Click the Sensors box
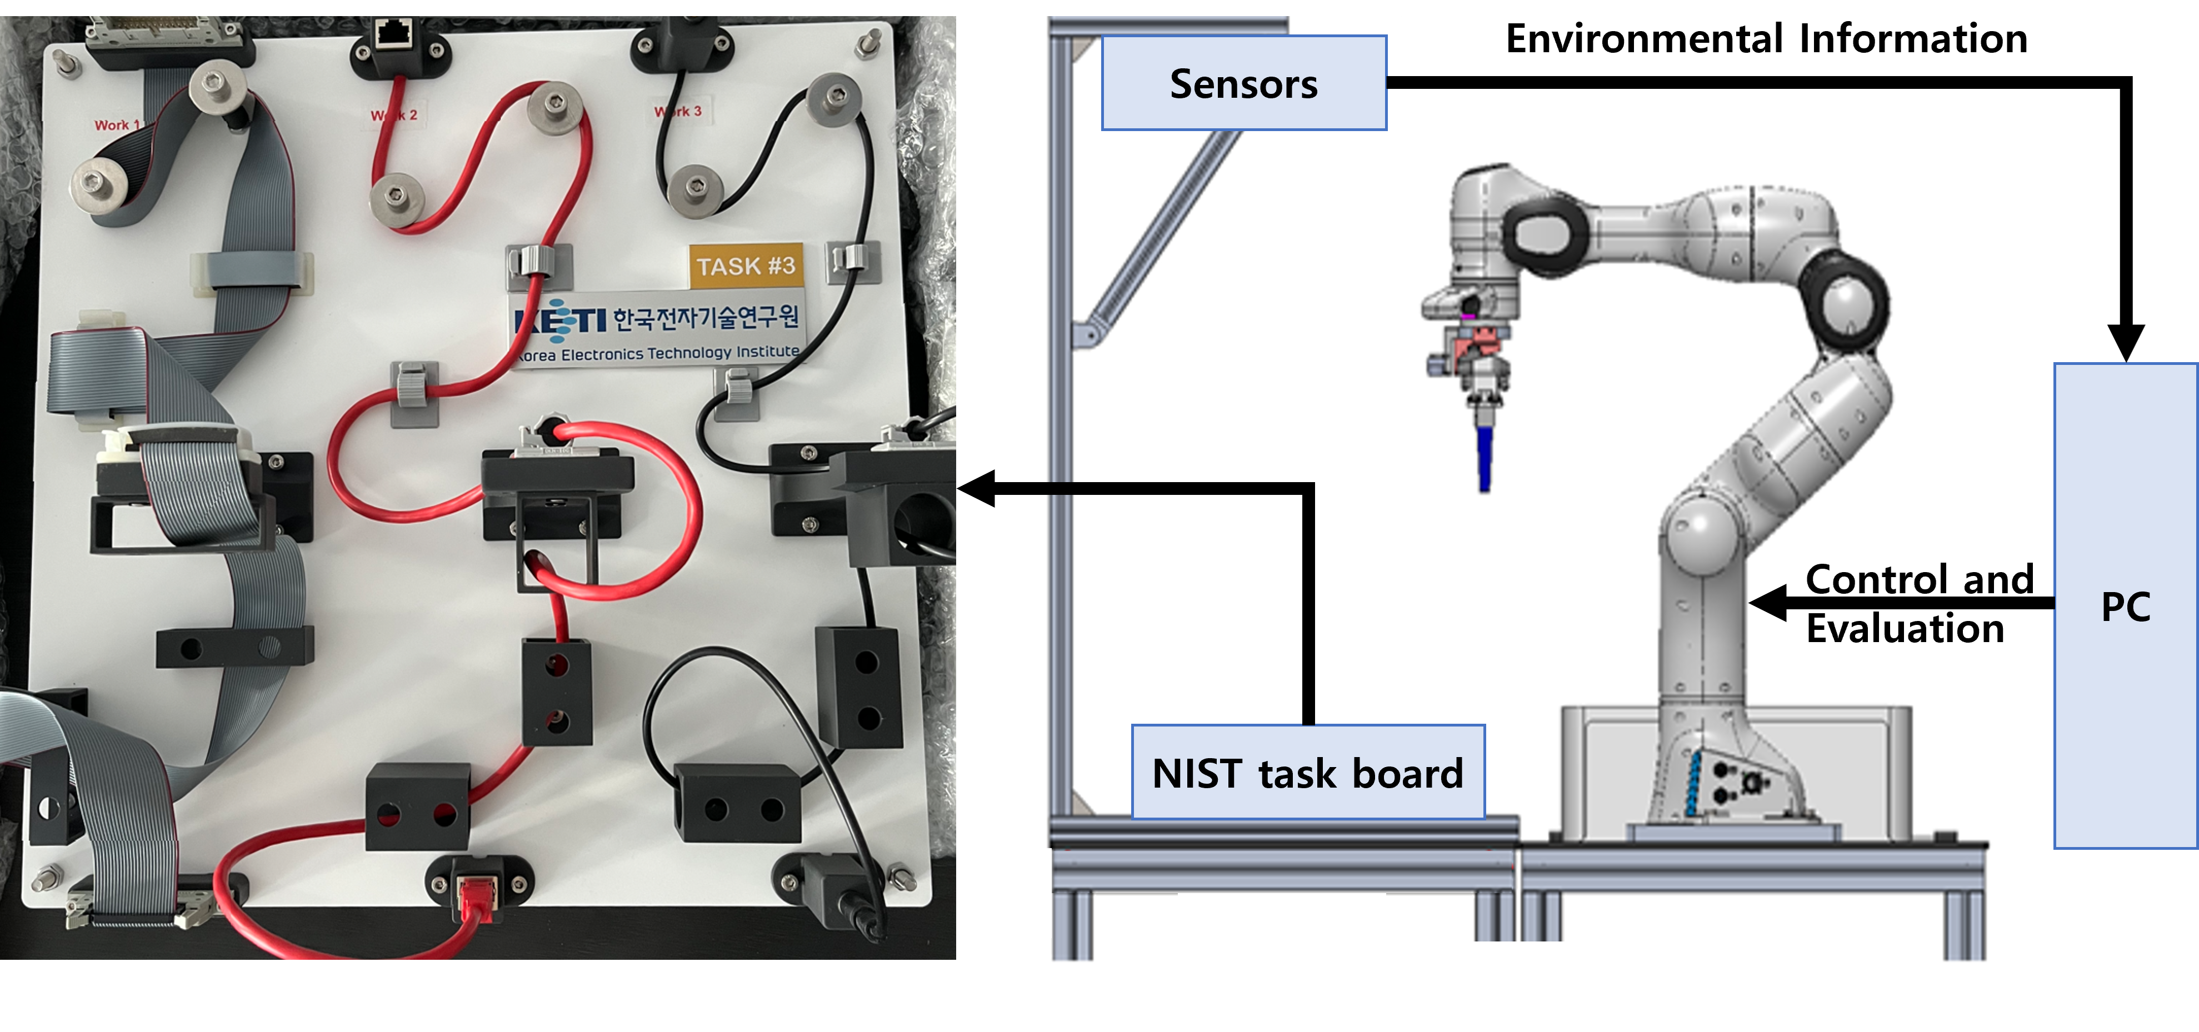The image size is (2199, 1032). pyautogui.click(x=1244, y=83)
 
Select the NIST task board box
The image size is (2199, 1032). pyautogui.click(x=1308, y=773)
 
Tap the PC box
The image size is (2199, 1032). pyautogui.click(x=2125, y=606)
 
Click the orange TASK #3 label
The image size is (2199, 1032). pyautogui.click(x=745, y=265)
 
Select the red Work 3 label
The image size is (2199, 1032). pyautogui.click(x=678, y=111)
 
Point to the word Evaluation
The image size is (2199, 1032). pyautogui.click(x=1905, y=628)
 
